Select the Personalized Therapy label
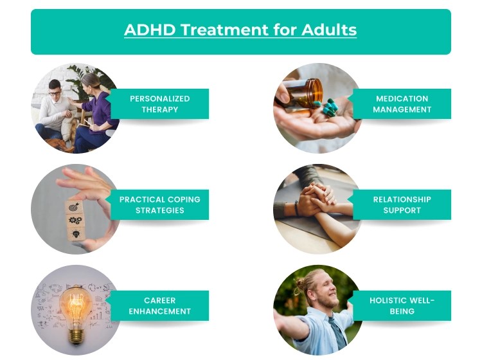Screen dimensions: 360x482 point(159,104)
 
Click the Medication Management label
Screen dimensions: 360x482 point(402,104)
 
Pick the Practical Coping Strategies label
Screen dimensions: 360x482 point(159,204)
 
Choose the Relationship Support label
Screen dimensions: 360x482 point(402,204)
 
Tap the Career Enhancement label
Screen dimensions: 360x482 point(159,305)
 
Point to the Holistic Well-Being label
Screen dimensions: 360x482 point(402,305)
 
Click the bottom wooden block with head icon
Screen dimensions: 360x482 point(76,235)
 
